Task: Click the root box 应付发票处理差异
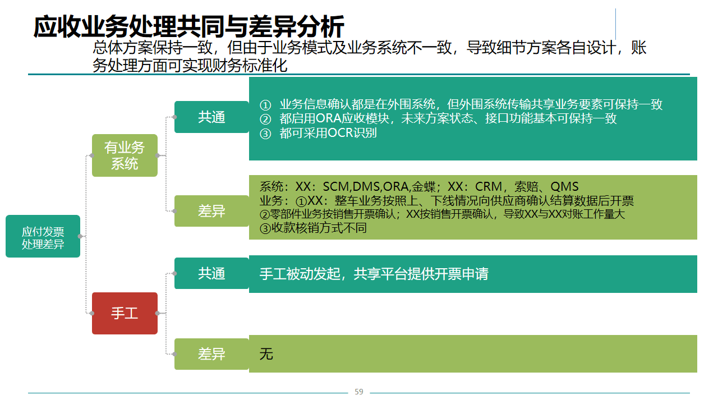pyautogui.click(x=43, y=236)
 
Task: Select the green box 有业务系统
pyautogui.click(x=125, y=155)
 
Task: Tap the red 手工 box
pyautogui.click(x=125, y=313)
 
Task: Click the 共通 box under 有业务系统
pyautogui.click(x=211, y=117)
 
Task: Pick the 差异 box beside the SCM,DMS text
pyautogui.click(x=211, y=211)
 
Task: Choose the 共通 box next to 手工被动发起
pyautogui.click(x=211, y=273)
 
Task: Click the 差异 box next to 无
pyautogui.click(x=211, y=354)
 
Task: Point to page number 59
pyautogui.click(x=359, y=392)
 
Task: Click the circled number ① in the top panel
pyautogui.click(x=265, y=105)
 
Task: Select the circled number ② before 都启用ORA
pyautogui.click(x=265, y=120)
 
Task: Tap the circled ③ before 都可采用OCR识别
pyautogui.click(x=265, y=134)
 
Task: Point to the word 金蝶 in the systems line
pyautogui.click(x=424, y=187)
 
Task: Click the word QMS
pyautogui.click(x=564, y=187)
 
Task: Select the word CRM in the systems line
pyautogui.click(x=489, y=187)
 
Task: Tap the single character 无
pyautogui.click(x=266, y=354)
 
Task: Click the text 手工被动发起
pyautogui.click(x=300, y=274)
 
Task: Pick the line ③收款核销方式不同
pyautogui.click(x=313, y=228)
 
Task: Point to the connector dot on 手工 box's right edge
pyautogui.click(x=158, y=313)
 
